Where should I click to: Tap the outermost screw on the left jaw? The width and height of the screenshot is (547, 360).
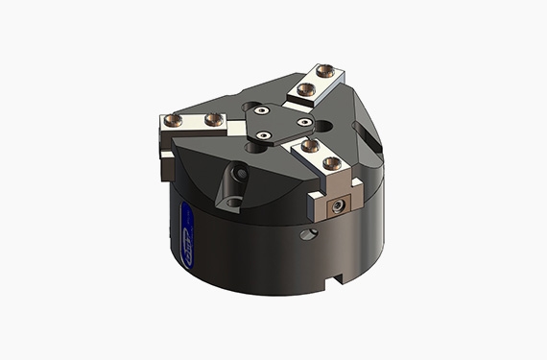click(176, 120)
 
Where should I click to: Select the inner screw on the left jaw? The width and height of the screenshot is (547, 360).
click(209, 120)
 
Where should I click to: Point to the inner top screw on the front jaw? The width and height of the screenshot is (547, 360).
click(309, 146)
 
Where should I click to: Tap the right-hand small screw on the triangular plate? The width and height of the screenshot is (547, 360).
click(302, 123)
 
